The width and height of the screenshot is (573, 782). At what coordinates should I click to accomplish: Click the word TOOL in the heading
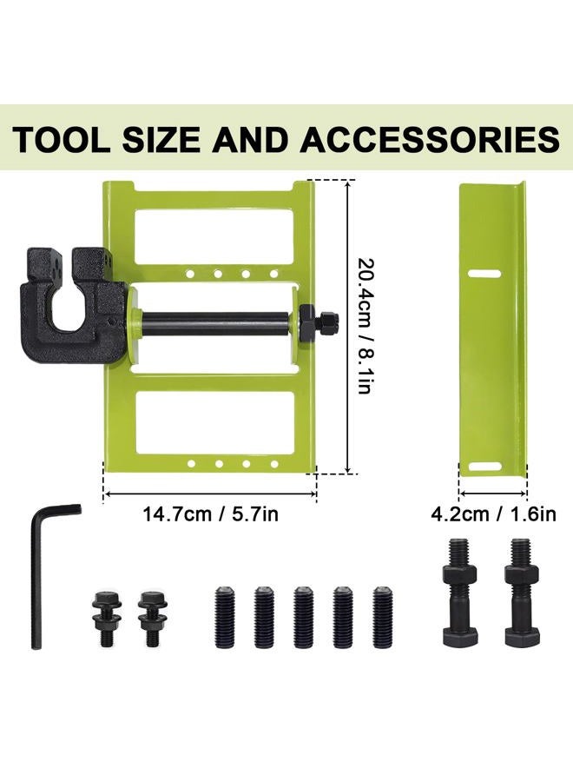[61, 139]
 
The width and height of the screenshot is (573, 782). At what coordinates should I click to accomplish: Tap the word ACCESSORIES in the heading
[430, 139]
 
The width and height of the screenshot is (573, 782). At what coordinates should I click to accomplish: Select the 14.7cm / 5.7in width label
[210, 514]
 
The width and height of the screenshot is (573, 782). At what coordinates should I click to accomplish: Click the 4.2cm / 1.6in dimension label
[493, 514]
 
